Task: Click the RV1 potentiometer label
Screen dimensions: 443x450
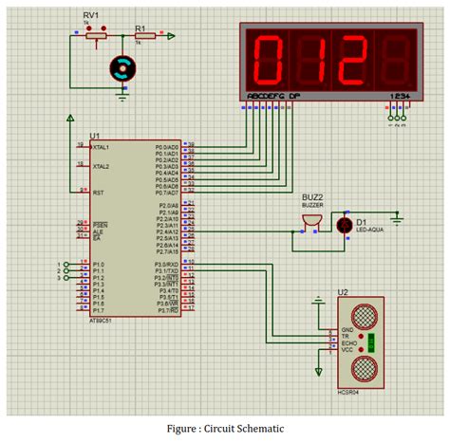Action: [x=91, y=16]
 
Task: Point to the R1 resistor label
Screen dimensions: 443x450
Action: [x=141, y=28]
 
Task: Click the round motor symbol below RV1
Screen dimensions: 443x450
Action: [x=121, y=65]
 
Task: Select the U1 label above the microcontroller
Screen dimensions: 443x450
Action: [x=95, y=136]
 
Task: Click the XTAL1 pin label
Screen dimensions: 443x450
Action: [x=101, y=148]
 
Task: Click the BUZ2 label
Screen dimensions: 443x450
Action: [x=312, y=196]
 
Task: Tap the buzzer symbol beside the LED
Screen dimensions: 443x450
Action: [x=309, y=222]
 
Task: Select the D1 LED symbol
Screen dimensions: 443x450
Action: [x=343, y=225]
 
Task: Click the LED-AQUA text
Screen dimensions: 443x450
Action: [x=370, y=229]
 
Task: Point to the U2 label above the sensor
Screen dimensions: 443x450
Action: [x=344, y=293]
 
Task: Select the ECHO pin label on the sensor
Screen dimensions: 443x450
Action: [x=349, y=343]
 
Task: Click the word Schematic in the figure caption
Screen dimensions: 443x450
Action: [x=256, y=428]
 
